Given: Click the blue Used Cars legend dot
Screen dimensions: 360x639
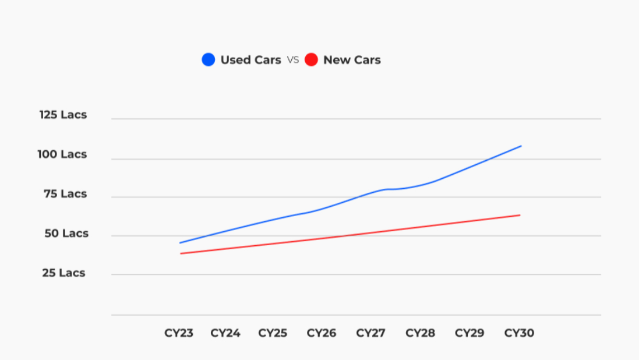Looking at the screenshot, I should pyautogui.click(x=209, y=59).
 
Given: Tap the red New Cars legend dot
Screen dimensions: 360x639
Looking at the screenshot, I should pyautogui.click(x=311, y=59).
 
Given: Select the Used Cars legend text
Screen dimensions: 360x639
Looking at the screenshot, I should pyautogui.click(x=250, y=60).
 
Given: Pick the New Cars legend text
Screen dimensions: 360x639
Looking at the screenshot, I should pyautogui.click(x=352, y=60).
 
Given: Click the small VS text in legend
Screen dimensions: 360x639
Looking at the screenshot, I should pyautogui.click(x=292, y=60).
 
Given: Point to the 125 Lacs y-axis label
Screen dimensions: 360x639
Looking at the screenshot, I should pyautogui.click(x=63, y=115).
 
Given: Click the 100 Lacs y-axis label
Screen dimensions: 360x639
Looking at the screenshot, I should pyautogui.click(x=62, y=154).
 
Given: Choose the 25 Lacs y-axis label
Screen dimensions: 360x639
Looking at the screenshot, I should pyautogui.click(x=63, y=273).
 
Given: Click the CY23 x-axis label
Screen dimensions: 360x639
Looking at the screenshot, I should pyautogui.click(x=179, y=333).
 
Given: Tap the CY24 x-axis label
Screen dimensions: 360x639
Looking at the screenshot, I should pyautogui.click(x=225, y=333).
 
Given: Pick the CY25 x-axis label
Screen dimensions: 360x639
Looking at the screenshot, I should pyautogui.click(x=273, y=333).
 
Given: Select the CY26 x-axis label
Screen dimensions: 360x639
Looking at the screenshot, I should pyautogui.click(x=322, y=333).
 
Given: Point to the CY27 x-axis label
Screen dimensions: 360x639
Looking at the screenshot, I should pyautogui.click(x=371, y=333).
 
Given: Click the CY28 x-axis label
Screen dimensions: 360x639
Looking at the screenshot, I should pyautogui.click(x=421, y=333).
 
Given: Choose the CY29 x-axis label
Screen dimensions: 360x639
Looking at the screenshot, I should pyautogui.click(x=469, y=333).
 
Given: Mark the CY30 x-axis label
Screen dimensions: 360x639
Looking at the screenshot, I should pyautogui.click(x=519, y=333).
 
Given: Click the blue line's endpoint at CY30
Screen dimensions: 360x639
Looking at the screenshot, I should pyautogui.click(x=521, y=146).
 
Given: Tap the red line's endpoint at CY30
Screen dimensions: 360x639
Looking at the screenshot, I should pyautogui.click(x=520, y=215).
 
